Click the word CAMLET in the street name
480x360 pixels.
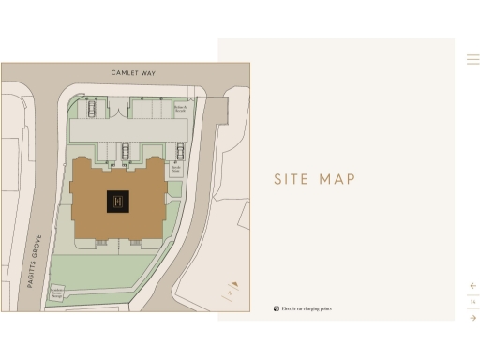(x=121, y=72)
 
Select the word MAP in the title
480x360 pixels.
(x=337, y=179)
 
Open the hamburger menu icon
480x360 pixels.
(x=473, y=59)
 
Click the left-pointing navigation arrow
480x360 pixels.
(x=473, y=286)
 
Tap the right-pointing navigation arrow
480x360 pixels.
(x=473, y=318)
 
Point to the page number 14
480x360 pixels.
(x=473, y=302)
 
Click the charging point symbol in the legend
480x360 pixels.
(x=277, y=308)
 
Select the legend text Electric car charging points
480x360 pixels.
(x=307, y=308)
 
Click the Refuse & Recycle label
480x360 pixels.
(x=181, y=109)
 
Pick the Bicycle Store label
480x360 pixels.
(x=175, y=170)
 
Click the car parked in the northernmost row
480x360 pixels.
(x=92, y=108)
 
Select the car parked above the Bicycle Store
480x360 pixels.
(x=180, y=151)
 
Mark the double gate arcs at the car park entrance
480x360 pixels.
(x=119, y=111)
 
